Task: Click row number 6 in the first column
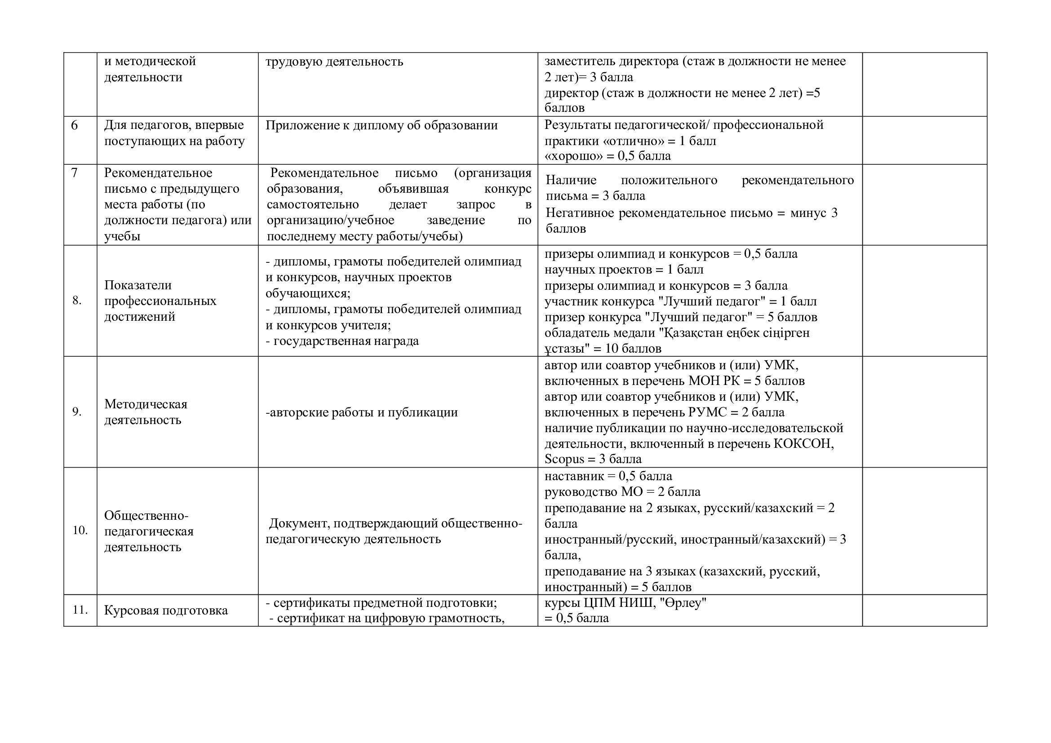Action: pos(74,125)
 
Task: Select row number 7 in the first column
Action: pos(74,173)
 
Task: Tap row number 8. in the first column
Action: pos(77,301)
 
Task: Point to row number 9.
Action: pos(77,412)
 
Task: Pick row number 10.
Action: pos(80,530)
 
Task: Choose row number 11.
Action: pos(80,610)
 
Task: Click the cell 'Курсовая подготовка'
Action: pos(166,610)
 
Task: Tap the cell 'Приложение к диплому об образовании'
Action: pos(381,125)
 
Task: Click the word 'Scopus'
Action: pos(564,459)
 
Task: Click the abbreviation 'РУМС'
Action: pos(707,412)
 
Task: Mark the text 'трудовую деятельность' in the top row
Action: pos(334,61)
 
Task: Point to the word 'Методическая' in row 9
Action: pos(146,404)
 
